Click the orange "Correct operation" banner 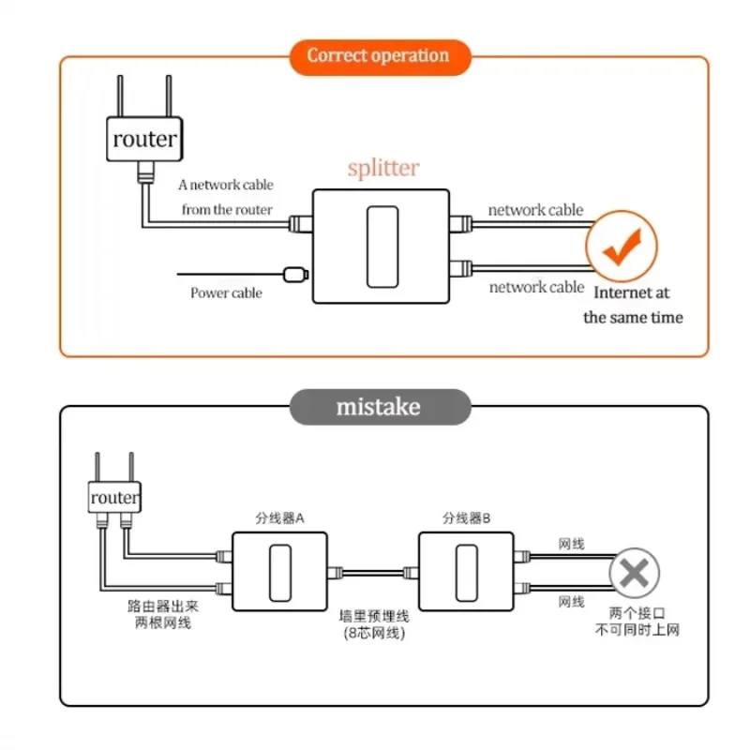(378, 55)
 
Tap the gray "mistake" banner (379, 407)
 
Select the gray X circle (634, 572)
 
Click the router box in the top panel (143, 140)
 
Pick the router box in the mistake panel (113, 498)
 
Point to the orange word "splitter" (383, 169)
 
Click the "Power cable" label (226, 293)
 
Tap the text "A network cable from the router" (226, 197)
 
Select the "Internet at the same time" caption (633, 306)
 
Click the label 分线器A (279, 518)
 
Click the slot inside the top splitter (382, 247)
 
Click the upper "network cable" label (535, 210)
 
